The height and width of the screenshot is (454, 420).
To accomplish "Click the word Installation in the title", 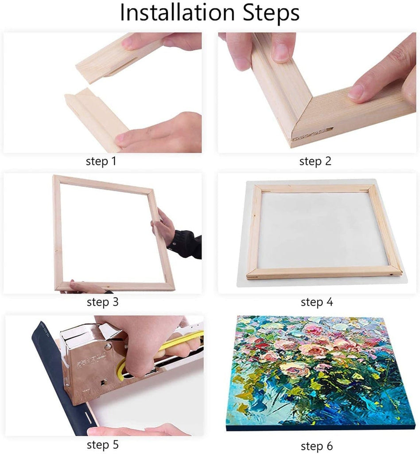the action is (177, 12).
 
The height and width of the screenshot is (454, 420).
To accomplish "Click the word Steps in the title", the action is (271, 13).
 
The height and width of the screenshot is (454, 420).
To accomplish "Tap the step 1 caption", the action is (101, 161).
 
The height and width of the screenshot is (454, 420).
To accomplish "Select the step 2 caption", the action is (315, 161).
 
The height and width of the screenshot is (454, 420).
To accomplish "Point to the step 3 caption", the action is (103, 302).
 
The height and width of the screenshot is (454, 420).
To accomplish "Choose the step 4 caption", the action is (317, 302).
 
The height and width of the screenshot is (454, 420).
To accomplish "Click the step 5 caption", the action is (103, 444).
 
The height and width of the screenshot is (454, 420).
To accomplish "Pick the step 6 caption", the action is (317, 446).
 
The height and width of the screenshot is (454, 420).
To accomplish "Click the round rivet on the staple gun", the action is (108, 346).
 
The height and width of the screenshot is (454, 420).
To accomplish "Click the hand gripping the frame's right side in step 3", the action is (163, 227).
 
